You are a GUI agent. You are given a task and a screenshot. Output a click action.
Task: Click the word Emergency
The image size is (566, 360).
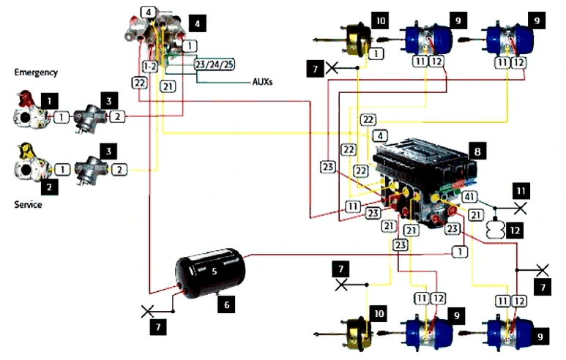36,72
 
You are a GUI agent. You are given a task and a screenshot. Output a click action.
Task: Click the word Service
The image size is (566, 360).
28,205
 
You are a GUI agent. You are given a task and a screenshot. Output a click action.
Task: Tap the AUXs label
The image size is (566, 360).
262,82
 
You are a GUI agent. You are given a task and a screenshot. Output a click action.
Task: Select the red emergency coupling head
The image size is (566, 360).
30,110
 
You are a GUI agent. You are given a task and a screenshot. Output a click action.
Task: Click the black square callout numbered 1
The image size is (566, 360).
50,101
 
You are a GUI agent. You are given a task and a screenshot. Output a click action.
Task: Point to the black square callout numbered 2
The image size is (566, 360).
50,187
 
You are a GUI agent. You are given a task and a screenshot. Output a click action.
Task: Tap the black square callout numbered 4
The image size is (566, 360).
198,23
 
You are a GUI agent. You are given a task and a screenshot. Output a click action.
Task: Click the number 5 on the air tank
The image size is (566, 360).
215,271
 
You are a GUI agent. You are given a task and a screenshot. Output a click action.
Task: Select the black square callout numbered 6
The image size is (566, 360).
227,304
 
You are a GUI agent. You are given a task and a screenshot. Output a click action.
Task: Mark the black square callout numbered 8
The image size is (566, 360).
477,151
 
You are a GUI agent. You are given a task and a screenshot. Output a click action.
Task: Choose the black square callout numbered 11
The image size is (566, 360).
521,191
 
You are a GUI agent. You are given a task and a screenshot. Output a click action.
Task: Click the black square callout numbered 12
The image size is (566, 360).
515,230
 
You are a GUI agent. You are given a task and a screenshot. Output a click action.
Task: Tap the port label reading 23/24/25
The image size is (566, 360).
215,64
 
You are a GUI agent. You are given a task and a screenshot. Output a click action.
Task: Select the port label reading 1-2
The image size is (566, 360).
150,67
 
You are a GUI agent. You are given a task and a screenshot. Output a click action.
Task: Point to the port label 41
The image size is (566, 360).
469,197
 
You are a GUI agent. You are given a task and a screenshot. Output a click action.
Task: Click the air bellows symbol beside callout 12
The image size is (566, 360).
495,230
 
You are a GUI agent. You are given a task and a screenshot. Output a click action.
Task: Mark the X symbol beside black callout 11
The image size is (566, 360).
520,208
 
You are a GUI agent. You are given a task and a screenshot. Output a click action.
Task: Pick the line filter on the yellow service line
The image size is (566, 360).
91,170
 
